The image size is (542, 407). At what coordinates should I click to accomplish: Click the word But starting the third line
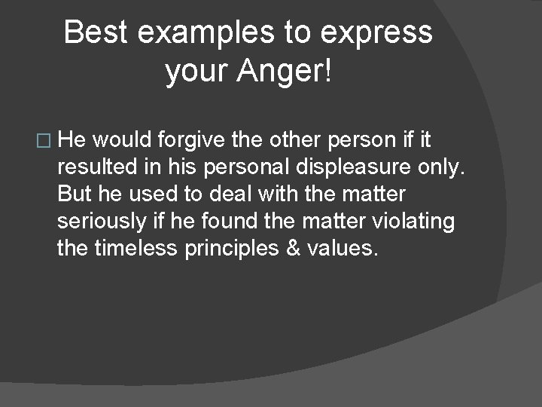[74, 194]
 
